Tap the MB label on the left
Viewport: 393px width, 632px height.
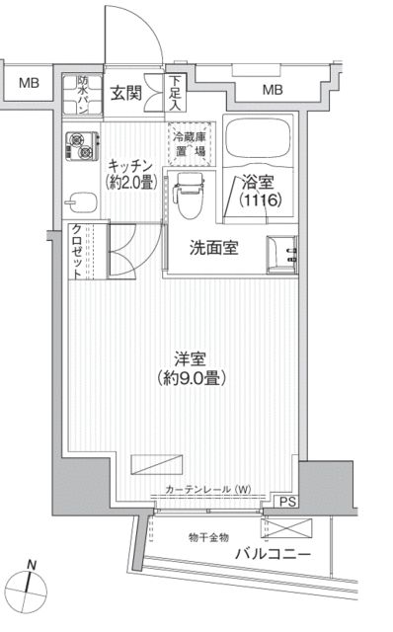(28, 83)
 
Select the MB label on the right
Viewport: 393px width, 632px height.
(271, 92)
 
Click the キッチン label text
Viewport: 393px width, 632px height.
(130, 165)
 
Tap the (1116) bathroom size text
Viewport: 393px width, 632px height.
(256, 198)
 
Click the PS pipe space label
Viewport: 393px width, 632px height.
(286, 502)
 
